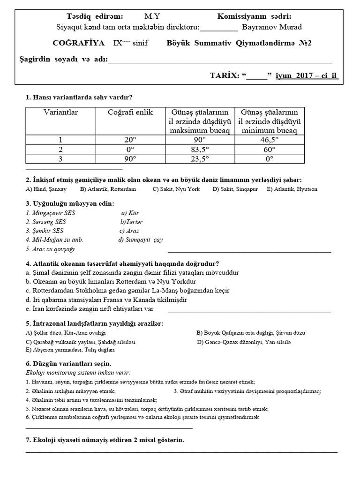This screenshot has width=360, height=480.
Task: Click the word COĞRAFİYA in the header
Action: point(79,43)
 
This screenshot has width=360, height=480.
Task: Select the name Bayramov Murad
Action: point(274,27)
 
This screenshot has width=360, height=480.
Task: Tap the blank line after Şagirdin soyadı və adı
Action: point(220,60)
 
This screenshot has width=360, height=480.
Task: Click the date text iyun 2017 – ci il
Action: point(307,75)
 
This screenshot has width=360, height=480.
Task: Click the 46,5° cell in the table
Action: point(269,140)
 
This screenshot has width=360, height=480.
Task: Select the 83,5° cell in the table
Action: point(200,149)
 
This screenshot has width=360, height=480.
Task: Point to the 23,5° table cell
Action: point(200,158)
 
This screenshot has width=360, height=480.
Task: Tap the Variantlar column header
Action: point(60,112)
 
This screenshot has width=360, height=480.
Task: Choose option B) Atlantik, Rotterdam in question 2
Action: point(108,189)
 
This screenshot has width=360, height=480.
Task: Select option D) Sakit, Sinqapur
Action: point(235,189)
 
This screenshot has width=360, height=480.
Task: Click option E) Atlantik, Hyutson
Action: point(292,189)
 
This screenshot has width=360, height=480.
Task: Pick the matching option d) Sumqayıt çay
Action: point(141,240)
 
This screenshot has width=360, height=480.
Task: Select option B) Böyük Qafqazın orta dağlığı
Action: point(251,333)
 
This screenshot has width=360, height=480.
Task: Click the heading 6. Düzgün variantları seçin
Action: point(68,364)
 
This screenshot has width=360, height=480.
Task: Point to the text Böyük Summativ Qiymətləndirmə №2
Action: point(239,43)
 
